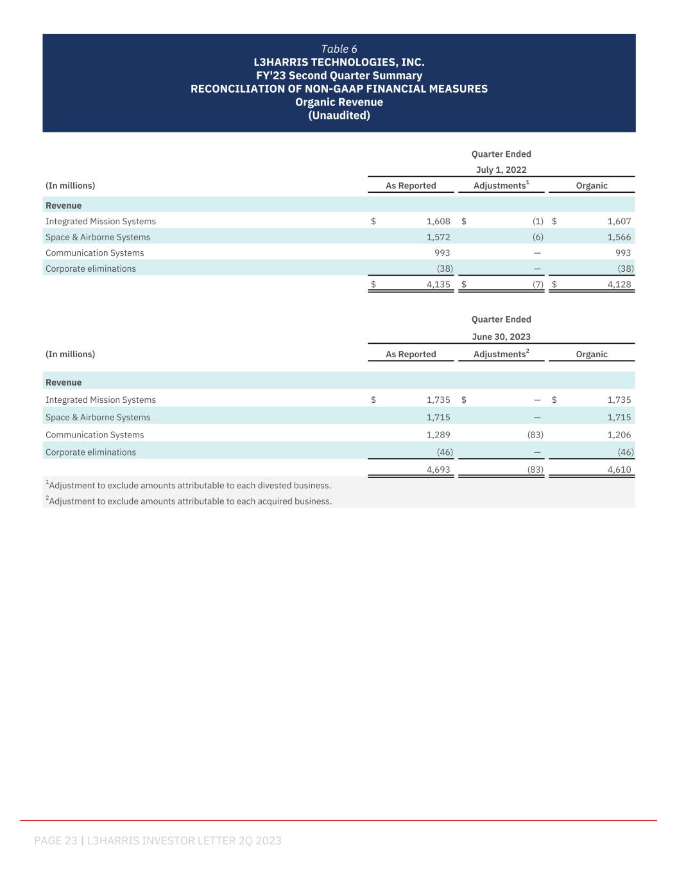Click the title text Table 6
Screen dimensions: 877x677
click(339, 49)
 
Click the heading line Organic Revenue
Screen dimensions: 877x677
click(339, 102)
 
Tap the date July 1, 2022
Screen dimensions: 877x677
click(501, 170)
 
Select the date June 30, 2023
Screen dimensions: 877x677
click(501, 337)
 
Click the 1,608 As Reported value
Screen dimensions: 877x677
click(438, 221)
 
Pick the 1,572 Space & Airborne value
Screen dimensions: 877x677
click(438, 237)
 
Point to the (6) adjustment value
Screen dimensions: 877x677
click(538, 237)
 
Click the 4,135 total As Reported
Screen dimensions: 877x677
click(438, 284)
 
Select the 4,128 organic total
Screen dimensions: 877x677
click(619, 284)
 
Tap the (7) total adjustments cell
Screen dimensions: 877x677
click(538, 284)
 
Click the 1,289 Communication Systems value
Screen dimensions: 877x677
click(438, 435)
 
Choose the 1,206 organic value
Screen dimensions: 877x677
click(619, 435)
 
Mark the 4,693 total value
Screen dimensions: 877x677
click(438, 470)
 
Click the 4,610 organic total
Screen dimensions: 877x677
click(619, 470)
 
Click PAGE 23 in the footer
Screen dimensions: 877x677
click(56, 840)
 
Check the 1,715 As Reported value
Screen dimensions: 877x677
click(438, 418)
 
